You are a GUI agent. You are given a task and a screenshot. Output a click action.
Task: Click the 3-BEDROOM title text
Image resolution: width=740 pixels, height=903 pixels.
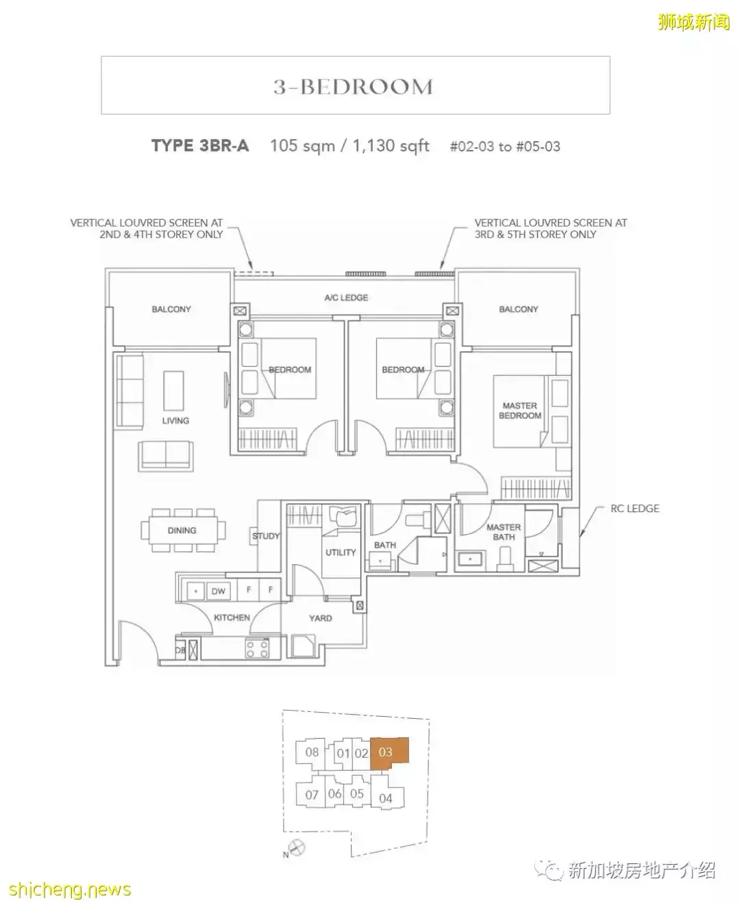[354, 87]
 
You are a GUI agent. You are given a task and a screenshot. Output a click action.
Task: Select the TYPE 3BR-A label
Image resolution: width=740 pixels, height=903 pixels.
[200, 146]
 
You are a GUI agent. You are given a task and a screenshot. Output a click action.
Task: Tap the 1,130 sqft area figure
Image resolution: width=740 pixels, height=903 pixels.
[391, 146]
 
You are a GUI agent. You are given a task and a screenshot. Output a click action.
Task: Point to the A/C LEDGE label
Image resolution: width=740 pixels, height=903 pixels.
[346, 298]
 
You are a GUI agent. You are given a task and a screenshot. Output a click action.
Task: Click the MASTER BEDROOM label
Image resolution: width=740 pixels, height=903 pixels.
[520, 411]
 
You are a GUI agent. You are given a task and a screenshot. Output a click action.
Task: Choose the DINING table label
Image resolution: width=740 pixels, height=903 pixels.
[182, 531]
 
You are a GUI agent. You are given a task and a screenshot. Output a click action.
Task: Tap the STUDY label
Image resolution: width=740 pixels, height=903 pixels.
[266, 536]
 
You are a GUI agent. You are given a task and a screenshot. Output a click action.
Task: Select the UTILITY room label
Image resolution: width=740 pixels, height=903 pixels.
[341, 552]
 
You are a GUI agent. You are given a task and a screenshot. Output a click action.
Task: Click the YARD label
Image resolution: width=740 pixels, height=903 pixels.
[320, 618]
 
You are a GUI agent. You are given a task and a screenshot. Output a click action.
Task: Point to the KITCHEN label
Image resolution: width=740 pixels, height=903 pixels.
[232, 618]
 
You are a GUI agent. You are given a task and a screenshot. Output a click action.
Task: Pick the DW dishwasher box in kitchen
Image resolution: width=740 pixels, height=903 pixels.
[218, 591]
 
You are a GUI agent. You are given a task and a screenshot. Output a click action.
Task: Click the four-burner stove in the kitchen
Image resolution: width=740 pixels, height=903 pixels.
[258, 648]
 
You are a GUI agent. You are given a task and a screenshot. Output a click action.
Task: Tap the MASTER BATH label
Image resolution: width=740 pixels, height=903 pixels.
[504, 532]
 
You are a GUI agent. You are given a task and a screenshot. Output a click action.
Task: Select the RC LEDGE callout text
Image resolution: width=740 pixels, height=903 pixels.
[634, 509]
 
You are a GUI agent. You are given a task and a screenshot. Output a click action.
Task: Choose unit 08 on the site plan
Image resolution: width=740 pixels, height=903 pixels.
[312, 752]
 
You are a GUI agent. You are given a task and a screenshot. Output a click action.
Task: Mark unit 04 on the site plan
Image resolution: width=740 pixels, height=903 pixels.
[386, 798]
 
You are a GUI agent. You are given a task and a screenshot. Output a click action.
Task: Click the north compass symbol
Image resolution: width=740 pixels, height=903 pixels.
[297, 848]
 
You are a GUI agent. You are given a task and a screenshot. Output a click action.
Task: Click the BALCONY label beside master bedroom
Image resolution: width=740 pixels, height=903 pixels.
[519, 309]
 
